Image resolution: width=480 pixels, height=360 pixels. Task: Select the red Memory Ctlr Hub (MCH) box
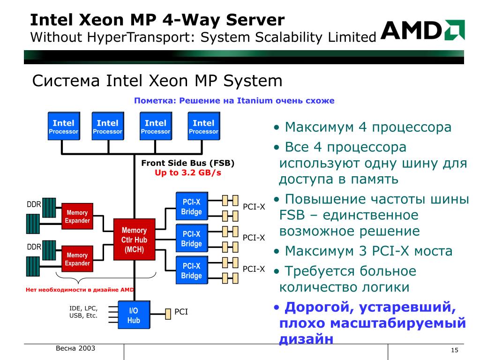134,239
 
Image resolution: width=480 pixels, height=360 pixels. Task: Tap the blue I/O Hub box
134,315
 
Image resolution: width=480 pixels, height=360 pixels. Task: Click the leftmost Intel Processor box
63,127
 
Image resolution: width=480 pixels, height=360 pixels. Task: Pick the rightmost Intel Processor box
203,127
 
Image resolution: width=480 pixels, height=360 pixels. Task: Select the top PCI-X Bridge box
191,207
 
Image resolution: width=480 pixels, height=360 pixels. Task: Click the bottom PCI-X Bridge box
191,270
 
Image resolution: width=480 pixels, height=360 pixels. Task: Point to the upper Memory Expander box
77,216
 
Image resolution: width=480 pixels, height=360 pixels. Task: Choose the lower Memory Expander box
77,259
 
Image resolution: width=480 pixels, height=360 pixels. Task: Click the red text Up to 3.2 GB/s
187,172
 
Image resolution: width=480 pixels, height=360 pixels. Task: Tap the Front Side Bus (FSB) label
187,163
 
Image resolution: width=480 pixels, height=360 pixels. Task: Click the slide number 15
454,352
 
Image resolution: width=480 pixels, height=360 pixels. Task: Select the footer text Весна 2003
75,348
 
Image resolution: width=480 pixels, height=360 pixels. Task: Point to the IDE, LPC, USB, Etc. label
83,312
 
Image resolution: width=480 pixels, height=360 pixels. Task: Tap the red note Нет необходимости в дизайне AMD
80,290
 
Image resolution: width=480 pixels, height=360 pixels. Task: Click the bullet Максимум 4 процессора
368,127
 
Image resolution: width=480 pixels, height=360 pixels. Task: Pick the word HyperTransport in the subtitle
135,37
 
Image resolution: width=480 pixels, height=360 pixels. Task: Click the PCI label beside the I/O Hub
181,311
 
